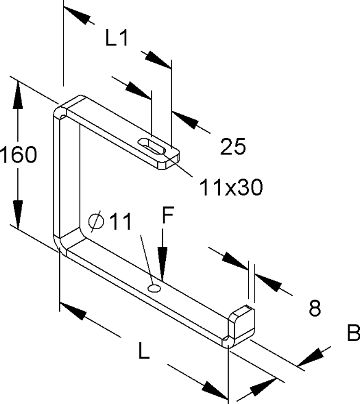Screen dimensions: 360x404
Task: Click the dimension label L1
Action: (117, 38)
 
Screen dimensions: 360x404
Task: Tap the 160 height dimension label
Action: (18, 155)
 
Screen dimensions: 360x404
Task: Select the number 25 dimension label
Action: (233, 147)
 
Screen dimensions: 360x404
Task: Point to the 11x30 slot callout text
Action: (231, 187)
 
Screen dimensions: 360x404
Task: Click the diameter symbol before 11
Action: (96, 221)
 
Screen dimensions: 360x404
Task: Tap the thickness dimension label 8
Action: (314, 308)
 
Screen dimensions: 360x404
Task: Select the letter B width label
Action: (353, 333)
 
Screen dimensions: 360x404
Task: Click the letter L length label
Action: (144, 350)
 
